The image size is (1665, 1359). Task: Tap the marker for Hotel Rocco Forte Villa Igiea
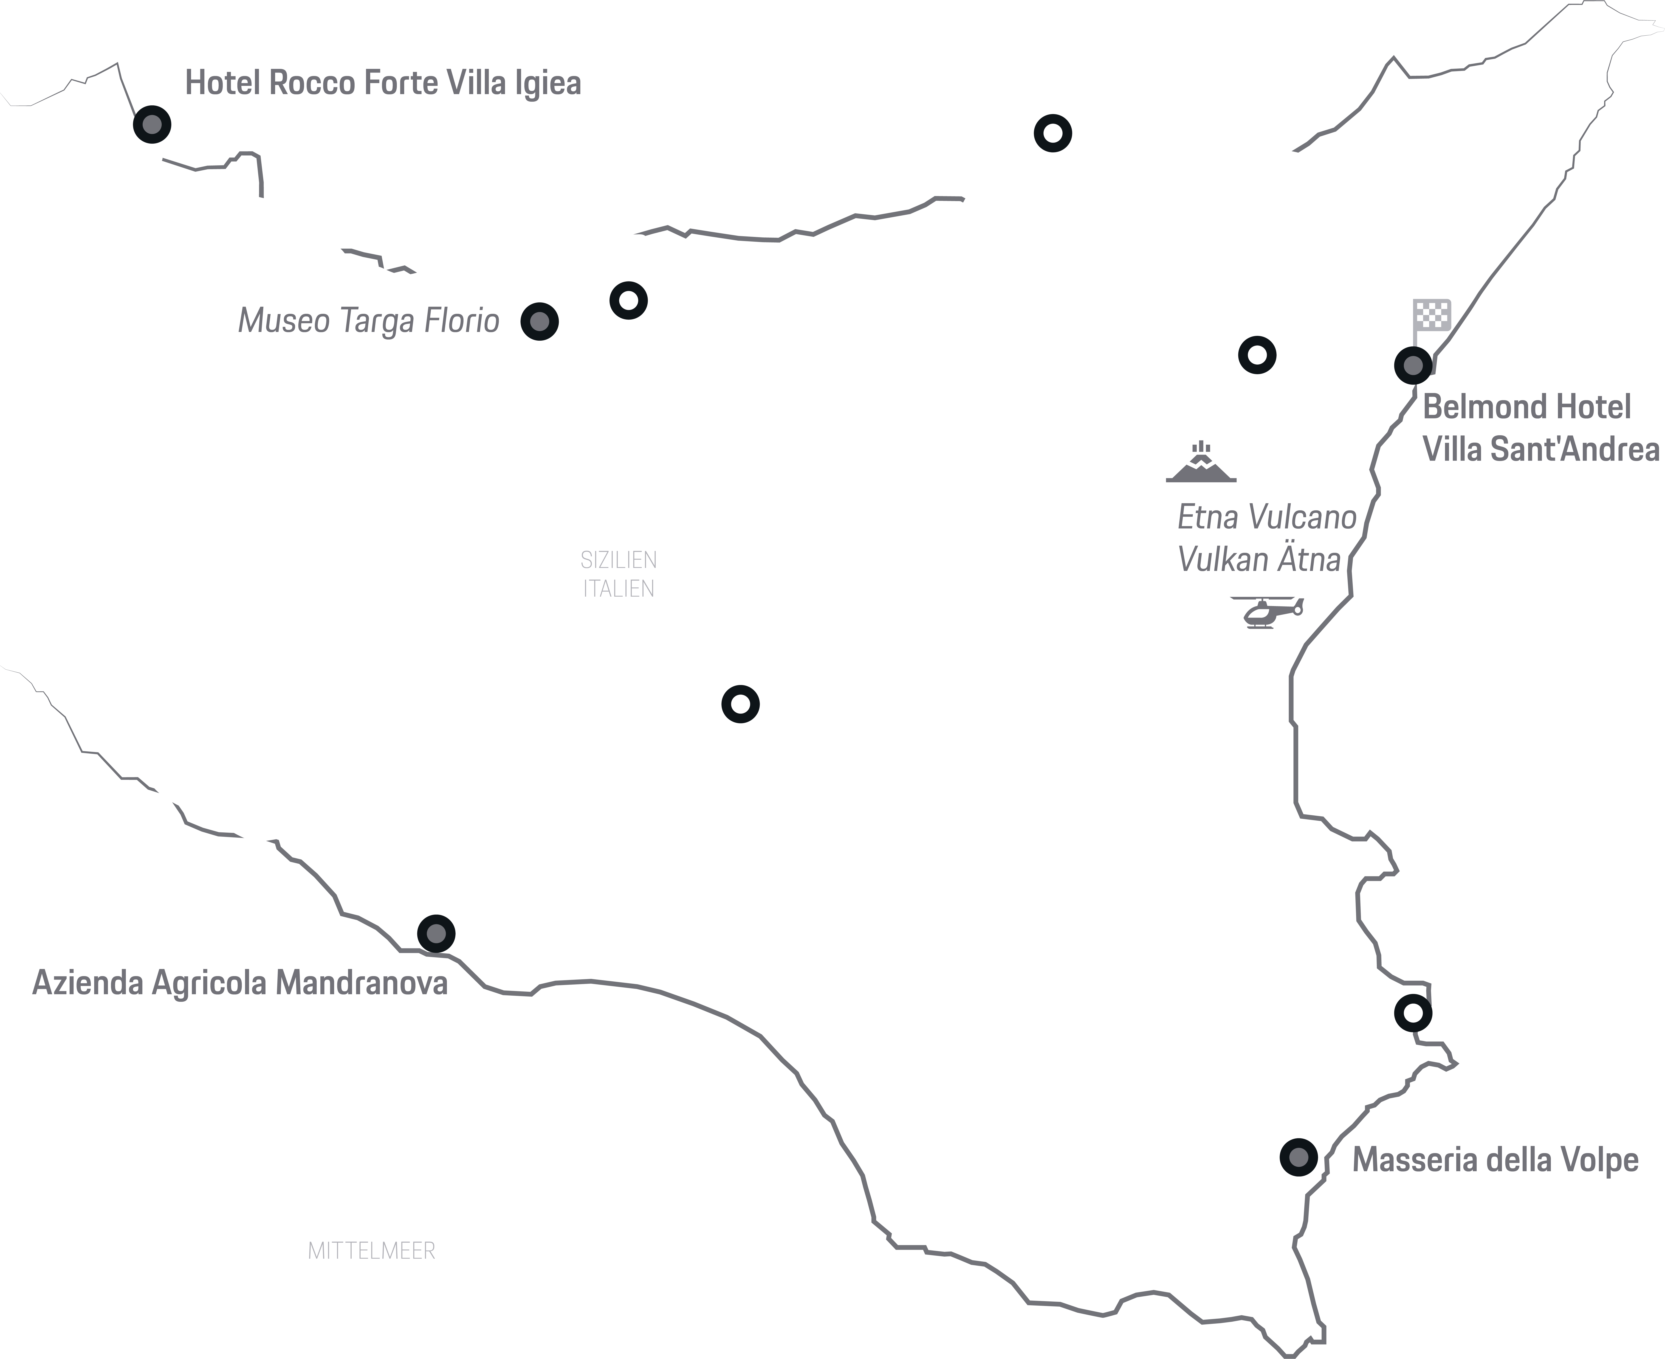[152, 124]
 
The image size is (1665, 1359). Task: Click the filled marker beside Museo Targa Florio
[540, 321]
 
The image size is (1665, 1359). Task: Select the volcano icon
[1201, 463]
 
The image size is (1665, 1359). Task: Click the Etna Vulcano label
[1266, 517]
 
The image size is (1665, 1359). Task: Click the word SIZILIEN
[618, 561]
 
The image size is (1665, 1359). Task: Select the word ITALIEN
[618, 589]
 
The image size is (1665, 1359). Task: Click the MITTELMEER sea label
[371, 1251]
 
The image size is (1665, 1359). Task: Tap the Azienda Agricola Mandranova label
[240, 983]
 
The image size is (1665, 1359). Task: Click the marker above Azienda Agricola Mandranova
[436, 933]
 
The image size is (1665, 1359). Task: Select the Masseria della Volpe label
[1495, 1160]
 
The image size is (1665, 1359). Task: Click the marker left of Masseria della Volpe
[1298, 1157]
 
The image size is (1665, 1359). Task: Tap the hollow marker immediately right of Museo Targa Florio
[628, 300]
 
